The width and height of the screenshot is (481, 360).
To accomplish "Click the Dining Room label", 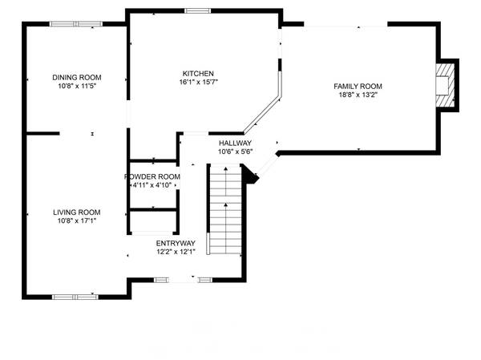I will pyautogui.click(x=77, y=78).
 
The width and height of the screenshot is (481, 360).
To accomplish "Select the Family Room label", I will pyautogui.click(x=358, y=86).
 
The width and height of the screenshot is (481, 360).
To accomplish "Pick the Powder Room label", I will pyautogui.click(x=152, y=176).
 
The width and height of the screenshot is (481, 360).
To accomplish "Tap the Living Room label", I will pyautogui.click(x=77, y=212).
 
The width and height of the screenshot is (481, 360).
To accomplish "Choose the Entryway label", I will pyautogui.click(x=176, y=243).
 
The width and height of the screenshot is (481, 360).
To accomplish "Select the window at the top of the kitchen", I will pyautogui.click(x=198, y=10).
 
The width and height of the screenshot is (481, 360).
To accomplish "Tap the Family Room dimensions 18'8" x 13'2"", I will pyautogui.click(x=358, y=95).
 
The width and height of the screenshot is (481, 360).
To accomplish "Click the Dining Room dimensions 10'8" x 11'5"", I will pyautogui.click(x=77, y=87).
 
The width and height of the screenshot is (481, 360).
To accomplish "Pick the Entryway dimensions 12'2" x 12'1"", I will pyautogui.click(x=176, y=252).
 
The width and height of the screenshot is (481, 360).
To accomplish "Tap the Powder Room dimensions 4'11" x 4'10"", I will pyautogui.click(x=152, y=185).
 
